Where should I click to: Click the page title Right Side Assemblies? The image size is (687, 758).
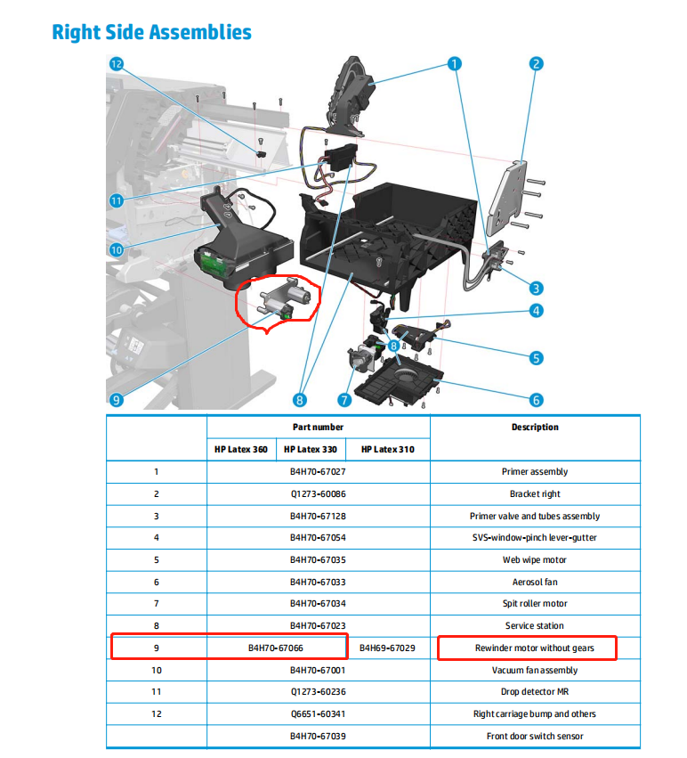[x=151, y=33]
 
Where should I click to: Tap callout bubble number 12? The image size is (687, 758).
[x=116, y=64]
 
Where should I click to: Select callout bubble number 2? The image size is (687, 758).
[x=536, y=64]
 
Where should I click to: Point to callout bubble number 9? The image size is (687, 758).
[x=116, y=399]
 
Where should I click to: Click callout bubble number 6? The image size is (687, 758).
[x=536, y=399]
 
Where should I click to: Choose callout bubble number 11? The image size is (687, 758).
[x=116, y=200]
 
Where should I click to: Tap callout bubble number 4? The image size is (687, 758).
[x=536, y=311]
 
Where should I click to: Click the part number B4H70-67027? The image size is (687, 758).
[x=318, y=472]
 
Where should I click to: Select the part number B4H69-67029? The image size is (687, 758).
[x=387, y=648]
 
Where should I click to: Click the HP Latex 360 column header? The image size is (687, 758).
[x=240, y=449]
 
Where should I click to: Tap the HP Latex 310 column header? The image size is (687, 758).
[x=387, y=449]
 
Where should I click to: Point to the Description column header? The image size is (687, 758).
[x=535, y=428]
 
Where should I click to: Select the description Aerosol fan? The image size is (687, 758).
[x=535, y=582]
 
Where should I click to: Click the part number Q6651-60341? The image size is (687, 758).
[x=318, y=713]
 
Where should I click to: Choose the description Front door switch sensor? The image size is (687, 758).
[x=535, y=736]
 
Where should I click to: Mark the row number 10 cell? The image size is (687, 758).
[x=156, y=670]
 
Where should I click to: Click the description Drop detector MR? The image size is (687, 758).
[x=535, y=692]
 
